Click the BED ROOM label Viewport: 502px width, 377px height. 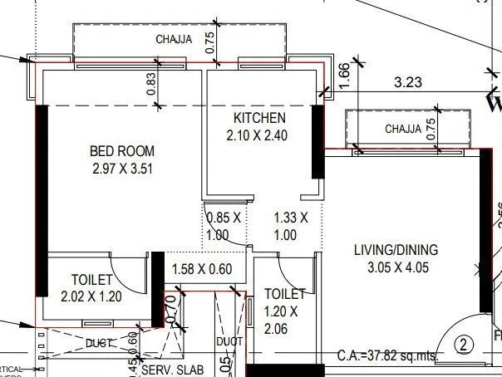click(121, 151)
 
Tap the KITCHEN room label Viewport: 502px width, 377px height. click(259, 118)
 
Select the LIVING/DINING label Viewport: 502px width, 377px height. click(396, 250)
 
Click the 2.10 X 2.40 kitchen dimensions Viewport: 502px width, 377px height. click(259, 135)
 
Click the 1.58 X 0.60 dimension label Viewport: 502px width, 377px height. click(201, 269)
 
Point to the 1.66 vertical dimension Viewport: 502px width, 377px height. click(345, 76)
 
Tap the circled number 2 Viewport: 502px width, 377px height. click(464, 343)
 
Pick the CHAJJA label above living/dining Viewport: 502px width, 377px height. click(404, 129)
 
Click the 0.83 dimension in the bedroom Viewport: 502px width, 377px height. click(151, 86)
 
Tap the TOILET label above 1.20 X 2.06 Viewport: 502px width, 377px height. click(285, 293)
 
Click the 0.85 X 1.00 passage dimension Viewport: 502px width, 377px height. click(223, 226)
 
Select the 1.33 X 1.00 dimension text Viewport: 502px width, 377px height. click(291, 226)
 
